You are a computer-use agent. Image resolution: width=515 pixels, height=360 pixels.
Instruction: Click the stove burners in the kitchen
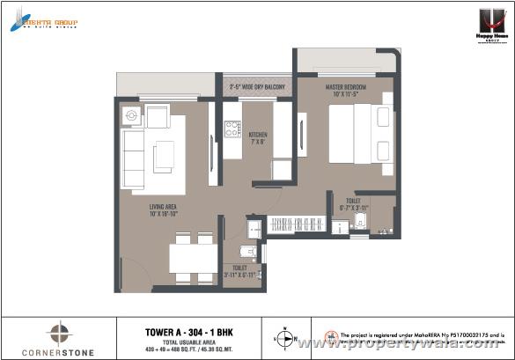[232, 129]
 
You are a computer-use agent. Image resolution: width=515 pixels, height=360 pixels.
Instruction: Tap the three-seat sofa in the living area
[133, 159]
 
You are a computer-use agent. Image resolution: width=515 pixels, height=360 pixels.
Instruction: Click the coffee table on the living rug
[164, 157]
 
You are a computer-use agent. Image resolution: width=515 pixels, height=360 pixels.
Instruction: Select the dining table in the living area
[193, 258]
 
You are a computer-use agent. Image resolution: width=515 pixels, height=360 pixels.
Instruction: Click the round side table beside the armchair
[132, 114]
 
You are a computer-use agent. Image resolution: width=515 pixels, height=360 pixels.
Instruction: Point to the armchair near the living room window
[157, 115]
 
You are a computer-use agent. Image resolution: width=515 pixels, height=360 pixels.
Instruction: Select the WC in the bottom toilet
[249, 253]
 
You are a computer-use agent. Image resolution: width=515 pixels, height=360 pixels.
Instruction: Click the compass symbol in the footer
[286, 336]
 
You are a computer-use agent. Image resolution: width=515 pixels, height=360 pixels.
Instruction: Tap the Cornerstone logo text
[58, 349]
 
